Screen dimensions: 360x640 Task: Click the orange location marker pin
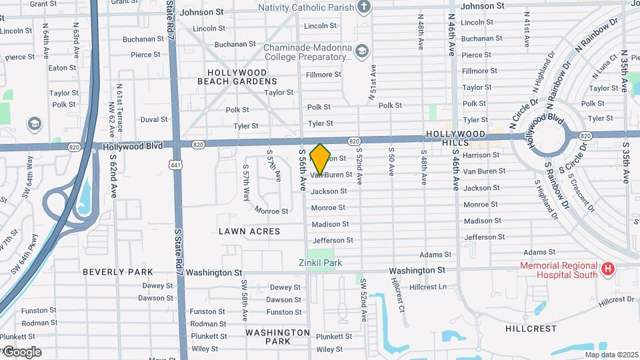(321, 159)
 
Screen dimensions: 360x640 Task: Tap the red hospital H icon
(607, 269)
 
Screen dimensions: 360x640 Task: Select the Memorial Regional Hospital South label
(559, 270)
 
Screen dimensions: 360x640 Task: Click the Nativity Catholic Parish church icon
(363, 7)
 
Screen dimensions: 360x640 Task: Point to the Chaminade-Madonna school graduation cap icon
(361, 51)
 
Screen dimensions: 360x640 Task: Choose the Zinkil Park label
(320, 263)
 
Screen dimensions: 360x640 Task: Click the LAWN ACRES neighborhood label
(249, 231)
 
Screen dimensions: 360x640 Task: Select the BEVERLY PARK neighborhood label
(117, 272)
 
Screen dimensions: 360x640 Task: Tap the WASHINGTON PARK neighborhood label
(277, 337)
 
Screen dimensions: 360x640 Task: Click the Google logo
(21, 352)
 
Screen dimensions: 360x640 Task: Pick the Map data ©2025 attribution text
(611, 355)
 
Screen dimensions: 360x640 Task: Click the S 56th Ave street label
(302, 170)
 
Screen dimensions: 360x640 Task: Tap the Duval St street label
(154, 119)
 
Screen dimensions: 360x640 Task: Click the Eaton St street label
(62, 67)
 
